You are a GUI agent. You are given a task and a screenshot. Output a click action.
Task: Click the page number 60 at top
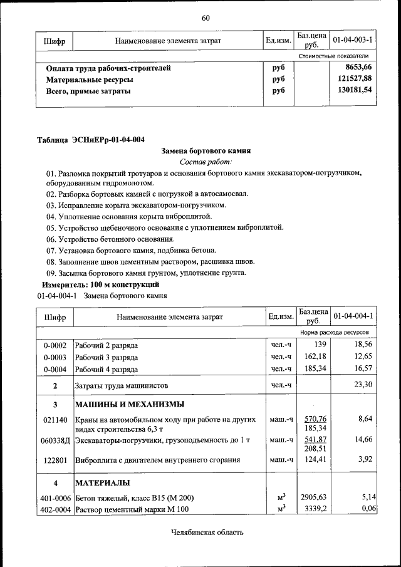[205, 17]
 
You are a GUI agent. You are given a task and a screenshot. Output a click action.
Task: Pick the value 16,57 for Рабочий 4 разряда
[363, 369]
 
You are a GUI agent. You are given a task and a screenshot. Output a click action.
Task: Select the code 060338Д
[55, 440]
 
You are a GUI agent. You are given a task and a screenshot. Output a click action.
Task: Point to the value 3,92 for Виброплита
[365, 459]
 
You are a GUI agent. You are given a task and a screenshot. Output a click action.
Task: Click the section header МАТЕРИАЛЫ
[103, 483]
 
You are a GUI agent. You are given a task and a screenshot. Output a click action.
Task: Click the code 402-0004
[55, 509]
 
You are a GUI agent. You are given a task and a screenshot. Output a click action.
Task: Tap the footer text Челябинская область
[206, 533]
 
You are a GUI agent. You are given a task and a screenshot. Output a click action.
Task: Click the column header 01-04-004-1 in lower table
[353, 316]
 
